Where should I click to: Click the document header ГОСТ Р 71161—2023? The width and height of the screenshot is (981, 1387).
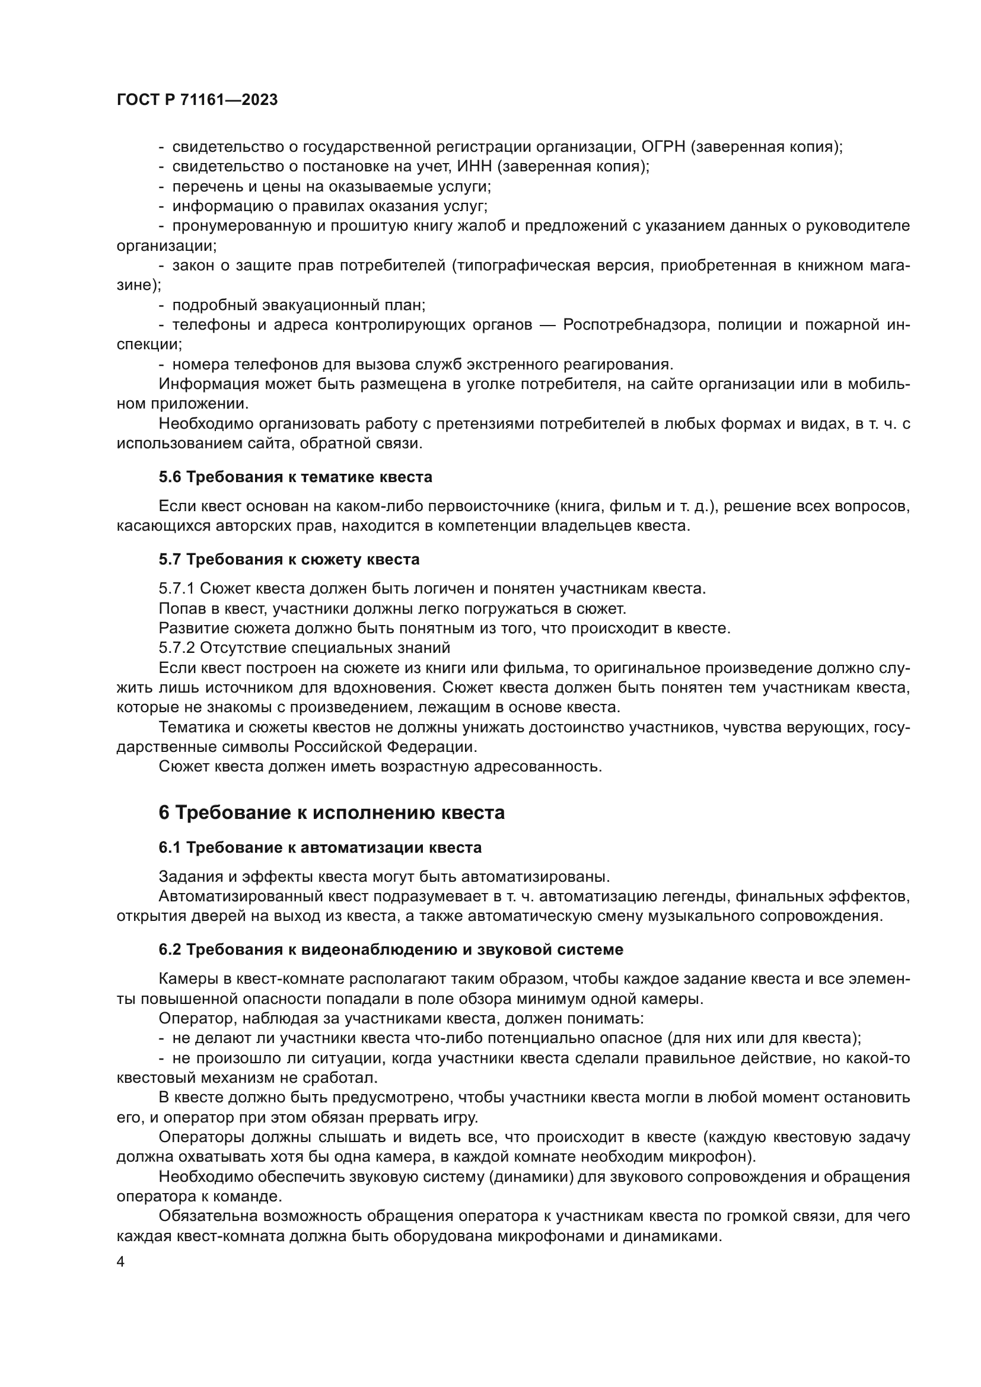click(x=197, y=100)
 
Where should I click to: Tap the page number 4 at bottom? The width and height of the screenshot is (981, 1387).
click(x=121, y=1262)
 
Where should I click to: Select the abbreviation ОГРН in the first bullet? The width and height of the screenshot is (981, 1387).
click(x=662, y=147)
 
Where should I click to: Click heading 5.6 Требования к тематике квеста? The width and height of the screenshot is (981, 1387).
click(x=295, y=477)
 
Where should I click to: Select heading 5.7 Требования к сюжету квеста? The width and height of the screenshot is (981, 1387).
click(x=289, y=559)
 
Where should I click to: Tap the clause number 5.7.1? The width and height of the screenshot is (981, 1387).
click(x=176, y=588)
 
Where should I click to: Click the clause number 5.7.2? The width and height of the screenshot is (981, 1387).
click(x=176, y=648)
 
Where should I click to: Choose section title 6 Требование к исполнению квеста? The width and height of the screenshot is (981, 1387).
click(x=331, y=813)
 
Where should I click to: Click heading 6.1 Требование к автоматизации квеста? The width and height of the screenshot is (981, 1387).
click(x=320, y=848)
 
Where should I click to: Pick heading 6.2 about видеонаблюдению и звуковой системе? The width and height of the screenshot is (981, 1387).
click(x=391, y=949)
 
